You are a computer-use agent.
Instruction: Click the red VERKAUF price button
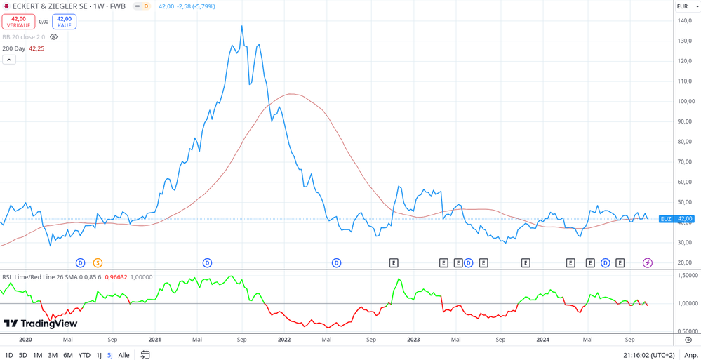point(18,22)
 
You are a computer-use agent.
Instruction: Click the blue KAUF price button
point(64,22)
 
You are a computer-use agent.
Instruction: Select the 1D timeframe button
point(9,355)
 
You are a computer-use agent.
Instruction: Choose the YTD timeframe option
point(84,355)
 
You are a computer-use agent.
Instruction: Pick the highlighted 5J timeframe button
point(110,355)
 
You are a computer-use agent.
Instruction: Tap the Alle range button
point(123,355)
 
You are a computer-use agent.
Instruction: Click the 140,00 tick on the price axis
point(685,20)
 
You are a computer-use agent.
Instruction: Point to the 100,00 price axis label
point(685,101)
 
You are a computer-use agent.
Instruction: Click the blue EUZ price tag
point(666,219)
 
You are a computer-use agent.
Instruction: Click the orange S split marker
point(98,263)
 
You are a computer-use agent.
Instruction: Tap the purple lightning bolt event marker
point(648,263)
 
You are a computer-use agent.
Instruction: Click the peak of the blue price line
point(242,27)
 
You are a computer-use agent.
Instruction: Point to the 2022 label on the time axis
point(284,340)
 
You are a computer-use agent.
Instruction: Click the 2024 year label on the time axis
point(542,340)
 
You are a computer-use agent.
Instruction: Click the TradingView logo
point(41,324)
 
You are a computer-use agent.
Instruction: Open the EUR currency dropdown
point(687,6)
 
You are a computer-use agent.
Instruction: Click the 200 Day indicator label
point(14,48)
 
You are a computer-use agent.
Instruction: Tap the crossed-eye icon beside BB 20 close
point(53,37)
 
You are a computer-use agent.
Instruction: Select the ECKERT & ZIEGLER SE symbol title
point(69,6)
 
